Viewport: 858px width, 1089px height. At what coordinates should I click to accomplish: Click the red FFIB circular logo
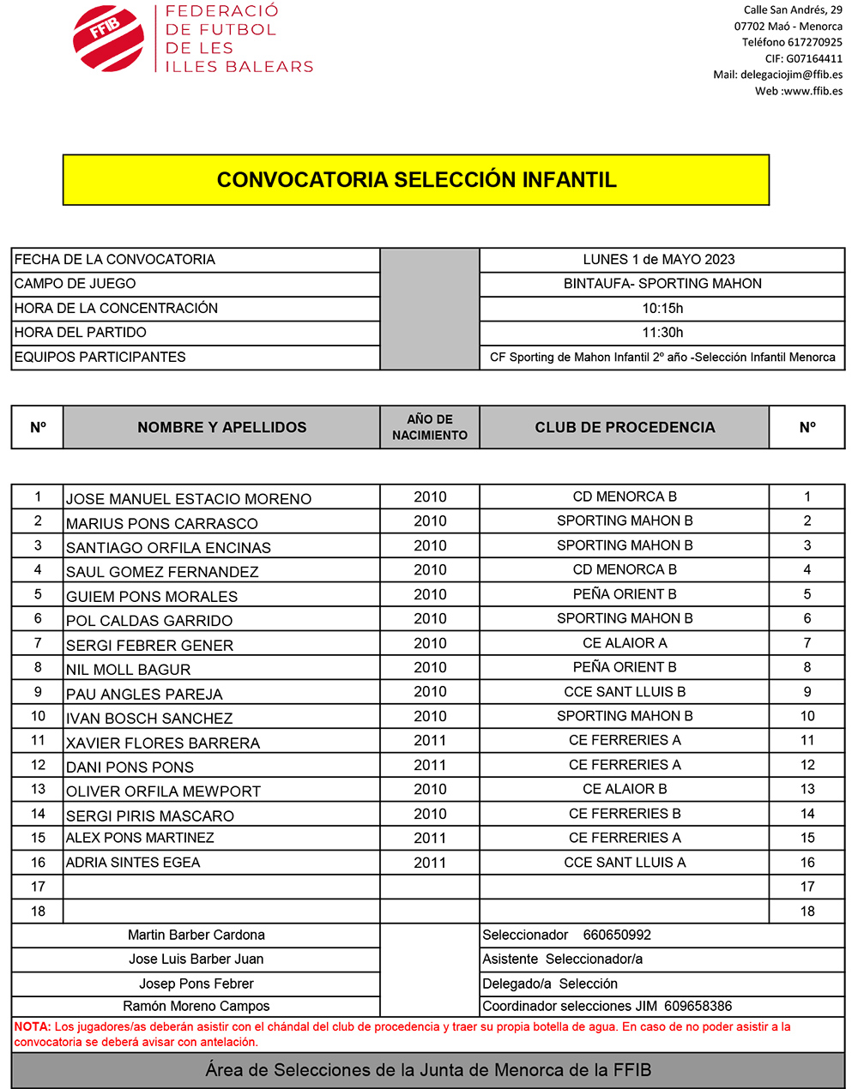[108, 38]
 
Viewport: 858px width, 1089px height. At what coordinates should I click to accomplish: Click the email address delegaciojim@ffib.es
[791, 75]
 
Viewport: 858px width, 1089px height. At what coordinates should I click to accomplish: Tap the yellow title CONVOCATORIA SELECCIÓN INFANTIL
[416, 180]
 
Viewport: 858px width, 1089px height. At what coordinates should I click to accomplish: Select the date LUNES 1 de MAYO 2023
[659, 260]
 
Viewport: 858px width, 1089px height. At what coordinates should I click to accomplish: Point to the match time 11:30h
[662, 333]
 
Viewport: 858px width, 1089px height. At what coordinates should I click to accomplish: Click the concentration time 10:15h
[662, 309]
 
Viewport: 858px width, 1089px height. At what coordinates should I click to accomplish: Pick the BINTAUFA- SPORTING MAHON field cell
[662, 284]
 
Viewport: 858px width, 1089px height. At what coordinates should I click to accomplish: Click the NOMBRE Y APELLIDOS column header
[221, 427]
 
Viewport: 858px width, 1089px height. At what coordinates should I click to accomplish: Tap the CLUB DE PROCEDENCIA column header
[625, 427]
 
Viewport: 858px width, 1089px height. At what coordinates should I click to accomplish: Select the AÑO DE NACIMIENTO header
[430, 427]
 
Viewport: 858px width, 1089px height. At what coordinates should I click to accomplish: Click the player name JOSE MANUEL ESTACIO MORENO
[189, 499]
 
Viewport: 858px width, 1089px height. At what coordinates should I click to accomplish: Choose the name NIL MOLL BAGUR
[129, 670]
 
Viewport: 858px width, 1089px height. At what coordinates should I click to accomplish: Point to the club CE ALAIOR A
[625, 643]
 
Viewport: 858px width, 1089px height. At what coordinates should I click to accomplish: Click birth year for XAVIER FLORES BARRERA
[430, 741]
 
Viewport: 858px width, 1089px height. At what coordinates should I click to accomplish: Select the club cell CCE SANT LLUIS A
[625, 863]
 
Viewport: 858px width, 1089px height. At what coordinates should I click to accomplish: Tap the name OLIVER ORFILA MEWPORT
[163, 791]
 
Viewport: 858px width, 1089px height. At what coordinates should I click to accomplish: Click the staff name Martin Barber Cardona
[196, 936]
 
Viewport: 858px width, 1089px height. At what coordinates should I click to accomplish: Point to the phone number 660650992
[617, 936]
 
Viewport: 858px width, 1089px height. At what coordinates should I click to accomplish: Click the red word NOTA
[32, 1026]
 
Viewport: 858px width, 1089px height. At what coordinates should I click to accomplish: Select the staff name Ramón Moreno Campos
[196, 1007]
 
